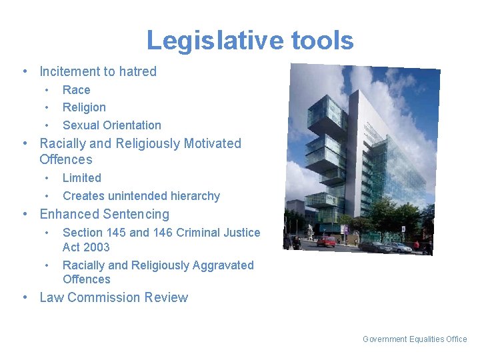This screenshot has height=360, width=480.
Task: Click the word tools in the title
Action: (x=322, y=41)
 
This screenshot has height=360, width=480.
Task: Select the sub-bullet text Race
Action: (x=76, y=90)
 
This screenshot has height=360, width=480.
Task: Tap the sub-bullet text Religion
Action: (x=84, y=107)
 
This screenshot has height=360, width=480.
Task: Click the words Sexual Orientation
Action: (x=111, y=125)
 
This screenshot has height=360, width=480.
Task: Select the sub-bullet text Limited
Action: (x=81, y=178)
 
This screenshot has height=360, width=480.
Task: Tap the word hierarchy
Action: (x=194, y=196)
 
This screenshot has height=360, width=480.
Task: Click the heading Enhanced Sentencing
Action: (x=104, y=215)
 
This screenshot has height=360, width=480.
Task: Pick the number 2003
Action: (x=95, y=247)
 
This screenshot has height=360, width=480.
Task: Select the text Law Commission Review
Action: (x=113, y=298)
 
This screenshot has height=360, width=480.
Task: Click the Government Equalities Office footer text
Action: (x=415, y=339)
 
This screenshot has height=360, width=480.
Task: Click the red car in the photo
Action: (x=327, y=241)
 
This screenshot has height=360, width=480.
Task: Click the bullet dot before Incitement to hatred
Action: (x=25, y=71)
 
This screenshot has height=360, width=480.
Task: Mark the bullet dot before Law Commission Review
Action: (x=25, y=298)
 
